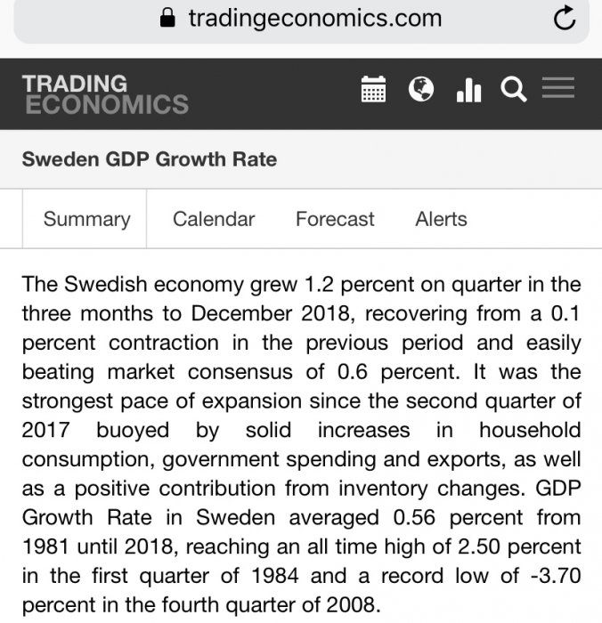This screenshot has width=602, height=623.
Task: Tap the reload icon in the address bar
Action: tap(564, 19)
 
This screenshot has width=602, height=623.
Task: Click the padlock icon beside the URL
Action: tap(167, 19)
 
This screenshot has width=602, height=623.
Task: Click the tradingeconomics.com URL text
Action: tap(314, 19)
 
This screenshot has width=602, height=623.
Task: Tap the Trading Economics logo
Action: tap(104, 94)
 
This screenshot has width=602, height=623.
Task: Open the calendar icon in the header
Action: tap(373, 90)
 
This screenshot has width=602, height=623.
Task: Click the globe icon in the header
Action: tap(420, 89)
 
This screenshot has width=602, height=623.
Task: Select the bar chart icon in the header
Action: tap(468, 90)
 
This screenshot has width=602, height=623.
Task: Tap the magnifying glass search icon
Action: tap(514, 90)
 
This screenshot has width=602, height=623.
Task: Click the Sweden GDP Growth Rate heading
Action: tap(149, 160)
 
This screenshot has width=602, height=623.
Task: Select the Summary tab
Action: tap(86, 220)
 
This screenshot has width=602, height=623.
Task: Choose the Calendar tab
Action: tap(214, 220)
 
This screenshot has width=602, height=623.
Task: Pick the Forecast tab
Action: tap(335, 220)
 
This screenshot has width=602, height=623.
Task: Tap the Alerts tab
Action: tap(441, 220)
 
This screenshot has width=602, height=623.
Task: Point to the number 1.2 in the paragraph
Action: tap(319, 286)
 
